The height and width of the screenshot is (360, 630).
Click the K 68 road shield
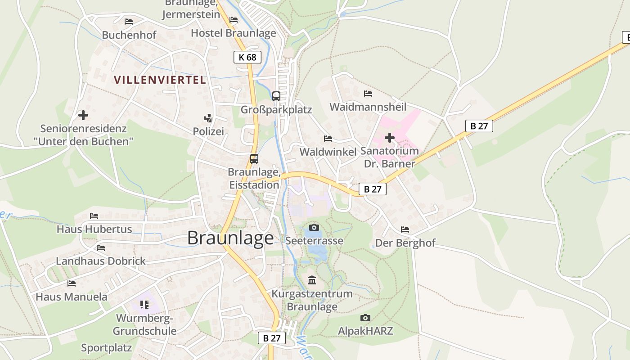(247, 57)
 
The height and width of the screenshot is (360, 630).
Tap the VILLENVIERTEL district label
(160, 80)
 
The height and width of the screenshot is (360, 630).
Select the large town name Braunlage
(230, 238)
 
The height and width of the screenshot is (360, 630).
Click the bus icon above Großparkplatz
(276, 96)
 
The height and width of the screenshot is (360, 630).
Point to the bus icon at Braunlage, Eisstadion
(254, 158)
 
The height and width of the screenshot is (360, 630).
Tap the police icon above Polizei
(208, 118)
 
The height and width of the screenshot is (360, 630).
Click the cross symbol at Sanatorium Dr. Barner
(390, 137)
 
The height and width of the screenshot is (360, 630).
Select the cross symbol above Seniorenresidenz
(83, 115)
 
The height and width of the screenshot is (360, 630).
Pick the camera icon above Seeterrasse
(314, 227)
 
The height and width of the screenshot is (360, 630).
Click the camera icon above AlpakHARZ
(365, 318)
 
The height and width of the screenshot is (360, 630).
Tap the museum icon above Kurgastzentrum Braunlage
(312, 280)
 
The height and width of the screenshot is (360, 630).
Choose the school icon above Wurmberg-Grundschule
(144, 305)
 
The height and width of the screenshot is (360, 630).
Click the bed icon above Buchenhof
(129, 21)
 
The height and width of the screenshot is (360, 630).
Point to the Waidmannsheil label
(368, 107)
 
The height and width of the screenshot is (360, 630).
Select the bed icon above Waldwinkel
(328, 139)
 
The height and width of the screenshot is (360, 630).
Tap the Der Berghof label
(405, 243)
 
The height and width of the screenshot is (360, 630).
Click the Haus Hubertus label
(94, 229)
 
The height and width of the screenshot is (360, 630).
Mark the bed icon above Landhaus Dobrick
(101, 247)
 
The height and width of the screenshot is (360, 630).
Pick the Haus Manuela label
(72, 297)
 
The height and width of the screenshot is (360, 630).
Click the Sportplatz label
(106, 347)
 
